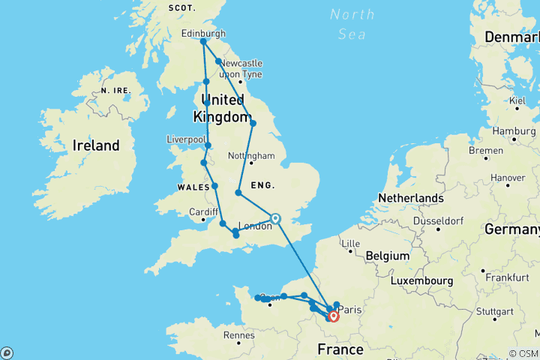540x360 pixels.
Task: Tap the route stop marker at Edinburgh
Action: click(203, 42)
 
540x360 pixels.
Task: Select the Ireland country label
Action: click(95, 145)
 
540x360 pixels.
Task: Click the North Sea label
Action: click(352, 24)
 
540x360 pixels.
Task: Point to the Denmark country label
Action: click(511, 37)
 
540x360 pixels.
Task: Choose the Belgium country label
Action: click(387, 256)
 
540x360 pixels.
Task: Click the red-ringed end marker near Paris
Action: click(334, 316)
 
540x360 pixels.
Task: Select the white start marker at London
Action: click(275, 219)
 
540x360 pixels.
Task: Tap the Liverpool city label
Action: click(185, 139)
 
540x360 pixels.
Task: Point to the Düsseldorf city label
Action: click(444, 222)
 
